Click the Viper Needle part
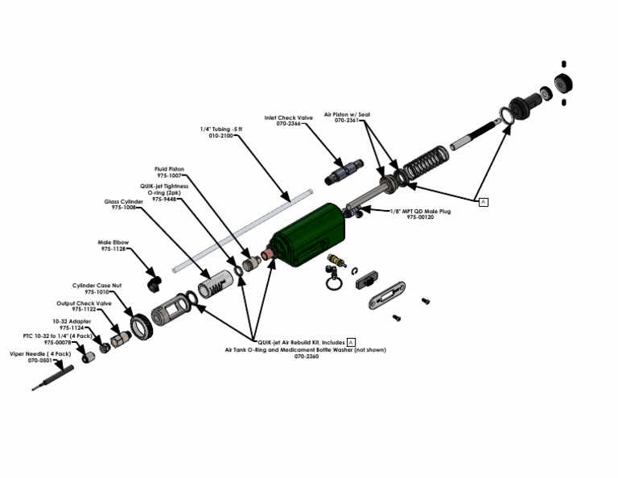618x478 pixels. point(52,377)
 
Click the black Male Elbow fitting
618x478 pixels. point(154,282)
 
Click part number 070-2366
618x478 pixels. point(290,123)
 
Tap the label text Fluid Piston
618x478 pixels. point(169,169)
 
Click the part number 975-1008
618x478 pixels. point(123,208)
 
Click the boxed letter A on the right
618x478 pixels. point(483,201)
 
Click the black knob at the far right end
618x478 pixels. point(566,83)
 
